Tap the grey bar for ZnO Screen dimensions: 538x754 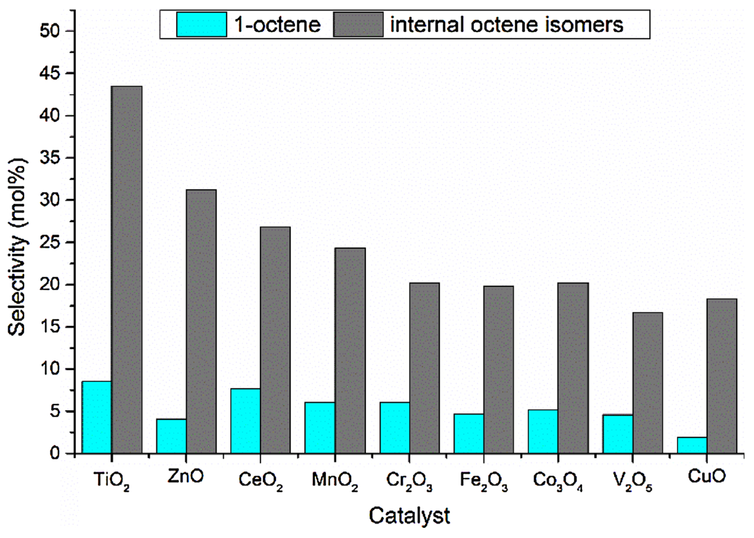(201, 321)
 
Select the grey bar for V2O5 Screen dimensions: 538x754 (647, 383)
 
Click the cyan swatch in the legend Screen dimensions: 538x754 (201, 24)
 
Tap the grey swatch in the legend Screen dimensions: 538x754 (358, 24)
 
